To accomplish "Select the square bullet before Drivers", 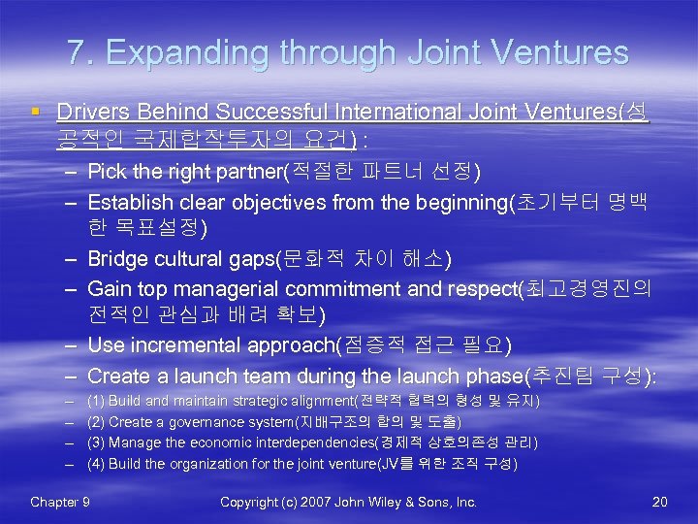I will pos(35,113).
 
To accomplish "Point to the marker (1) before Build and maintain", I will pos(96,401).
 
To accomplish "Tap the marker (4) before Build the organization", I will pos(96,464).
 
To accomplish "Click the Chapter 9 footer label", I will pos(60,502).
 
